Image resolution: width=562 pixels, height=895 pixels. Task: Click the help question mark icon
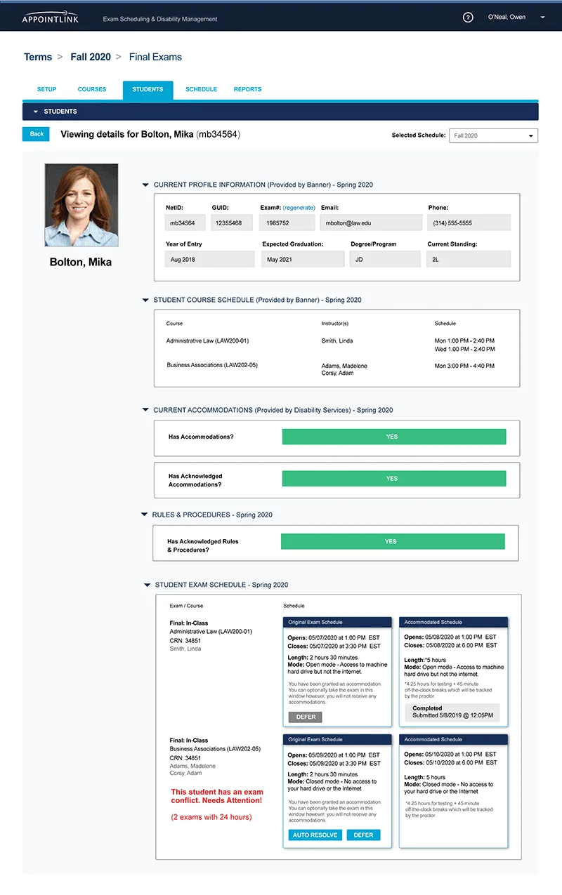point(469,18)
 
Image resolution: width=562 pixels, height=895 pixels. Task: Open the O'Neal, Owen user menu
point(516,18)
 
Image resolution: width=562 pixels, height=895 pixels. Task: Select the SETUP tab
point(47,90)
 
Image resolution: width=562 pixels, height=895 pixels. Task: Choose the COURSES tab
point(92,90)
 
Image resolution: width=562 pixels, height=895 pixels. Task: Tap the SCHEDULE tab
point(201,90)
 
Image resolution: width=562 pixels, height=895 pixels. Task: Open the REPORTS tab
point(247,90)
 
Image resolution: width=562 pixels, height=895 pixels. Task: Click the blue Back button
point(37,134)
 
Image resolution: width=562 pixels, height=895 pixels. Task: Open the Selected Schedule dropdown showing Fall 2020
point(493,135)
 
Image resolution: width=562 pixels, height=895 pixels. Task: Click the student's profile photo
point(81,205)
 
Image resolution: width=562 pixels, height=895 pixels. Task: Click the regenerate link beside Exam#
point(299,208)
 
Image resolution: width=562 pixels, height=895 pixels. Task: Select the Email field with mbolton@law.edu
point(371,223)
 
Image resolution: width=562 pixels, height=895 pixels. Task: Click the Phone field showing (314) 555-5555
point(469,223)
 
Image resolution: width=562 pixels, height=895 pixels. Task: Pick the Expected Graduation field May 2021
point(303,259)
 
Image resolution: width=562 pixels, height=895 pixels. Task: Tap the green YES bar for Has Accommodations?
point(393,437)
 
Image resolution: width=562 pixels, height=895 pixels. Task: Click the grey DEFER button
point(305,717)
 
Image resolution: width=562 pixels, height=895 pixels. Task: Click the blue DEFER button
point(363,835)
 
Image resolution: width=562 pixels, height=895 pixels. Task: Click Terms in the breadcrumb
point(38,57)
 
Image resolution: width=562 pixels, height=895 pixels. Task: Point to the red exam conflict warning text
point(217,796)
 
